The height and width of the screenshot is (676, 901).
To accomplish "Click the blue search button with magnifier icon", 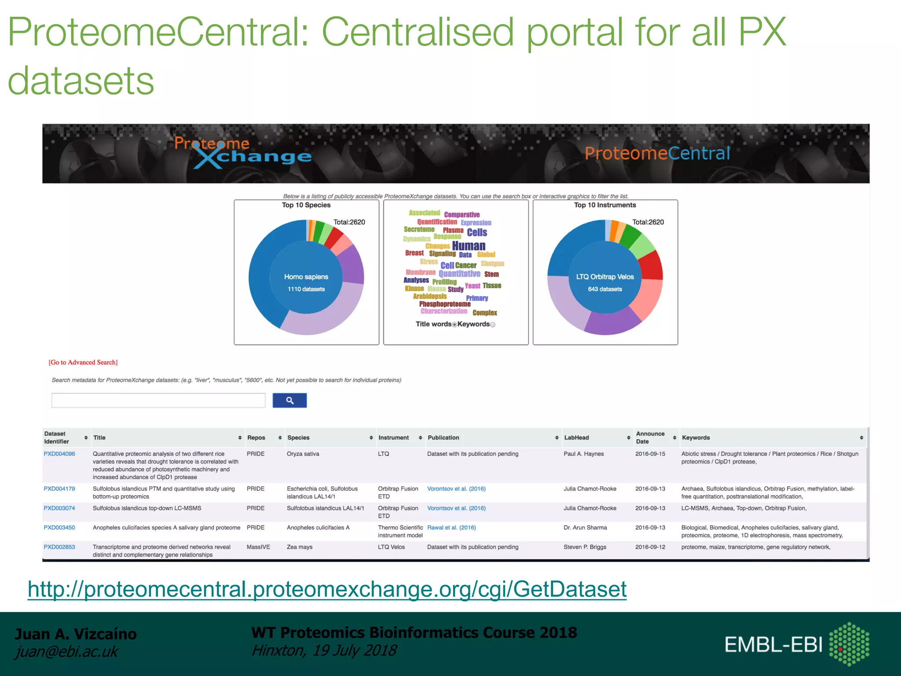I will [289, 400].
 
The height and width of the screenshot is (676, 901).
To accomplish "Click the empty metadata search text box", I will [158, 400].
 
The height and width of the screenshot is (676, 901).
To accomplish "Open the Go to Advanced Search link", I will [83, 362].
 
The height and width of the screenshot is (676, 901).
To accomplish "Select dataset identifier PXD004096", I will [59, 454].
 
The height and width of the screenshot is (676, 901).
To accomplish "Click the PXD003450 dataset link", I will [59, 528].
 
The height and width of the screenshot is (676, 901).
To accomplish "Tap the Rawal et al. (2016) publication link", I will [451, 528].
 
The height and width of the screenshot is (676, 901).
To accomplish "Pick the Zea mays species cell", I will [300, 547].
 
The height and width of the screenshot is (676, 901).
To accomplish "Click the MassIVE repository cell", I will [258, 547].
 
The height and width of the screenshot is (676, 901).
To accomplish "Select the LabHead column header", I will [576, 437].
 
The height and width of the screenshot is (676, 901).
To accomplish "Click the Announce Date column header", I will [650, 437].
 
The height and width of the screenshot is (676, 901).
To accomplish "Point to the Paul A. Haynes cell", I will [583, 454].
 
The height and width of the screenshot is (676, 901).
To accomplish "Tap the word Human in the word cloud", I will [469, 246].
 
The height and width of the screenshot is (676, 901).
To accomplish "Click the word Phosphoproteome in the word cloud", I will [445, 304].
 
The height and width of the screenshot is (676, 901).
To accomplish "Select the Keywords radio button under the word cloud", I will [493, 324].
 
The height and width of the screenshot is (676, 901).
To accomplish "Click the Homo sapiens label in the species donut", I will [306, 277].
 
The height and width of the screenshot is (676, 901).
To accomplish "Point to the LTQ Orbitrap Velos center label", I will [605, 277].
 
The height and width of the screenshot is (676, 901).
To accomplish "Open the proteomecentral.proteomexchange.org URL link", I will [327, 589].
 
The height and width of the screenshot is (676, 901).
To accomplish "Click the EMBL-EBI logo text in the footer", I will [773, 645].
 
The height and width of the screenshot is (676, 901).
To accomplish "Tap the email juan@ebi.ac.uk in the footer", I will [66, 652].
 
